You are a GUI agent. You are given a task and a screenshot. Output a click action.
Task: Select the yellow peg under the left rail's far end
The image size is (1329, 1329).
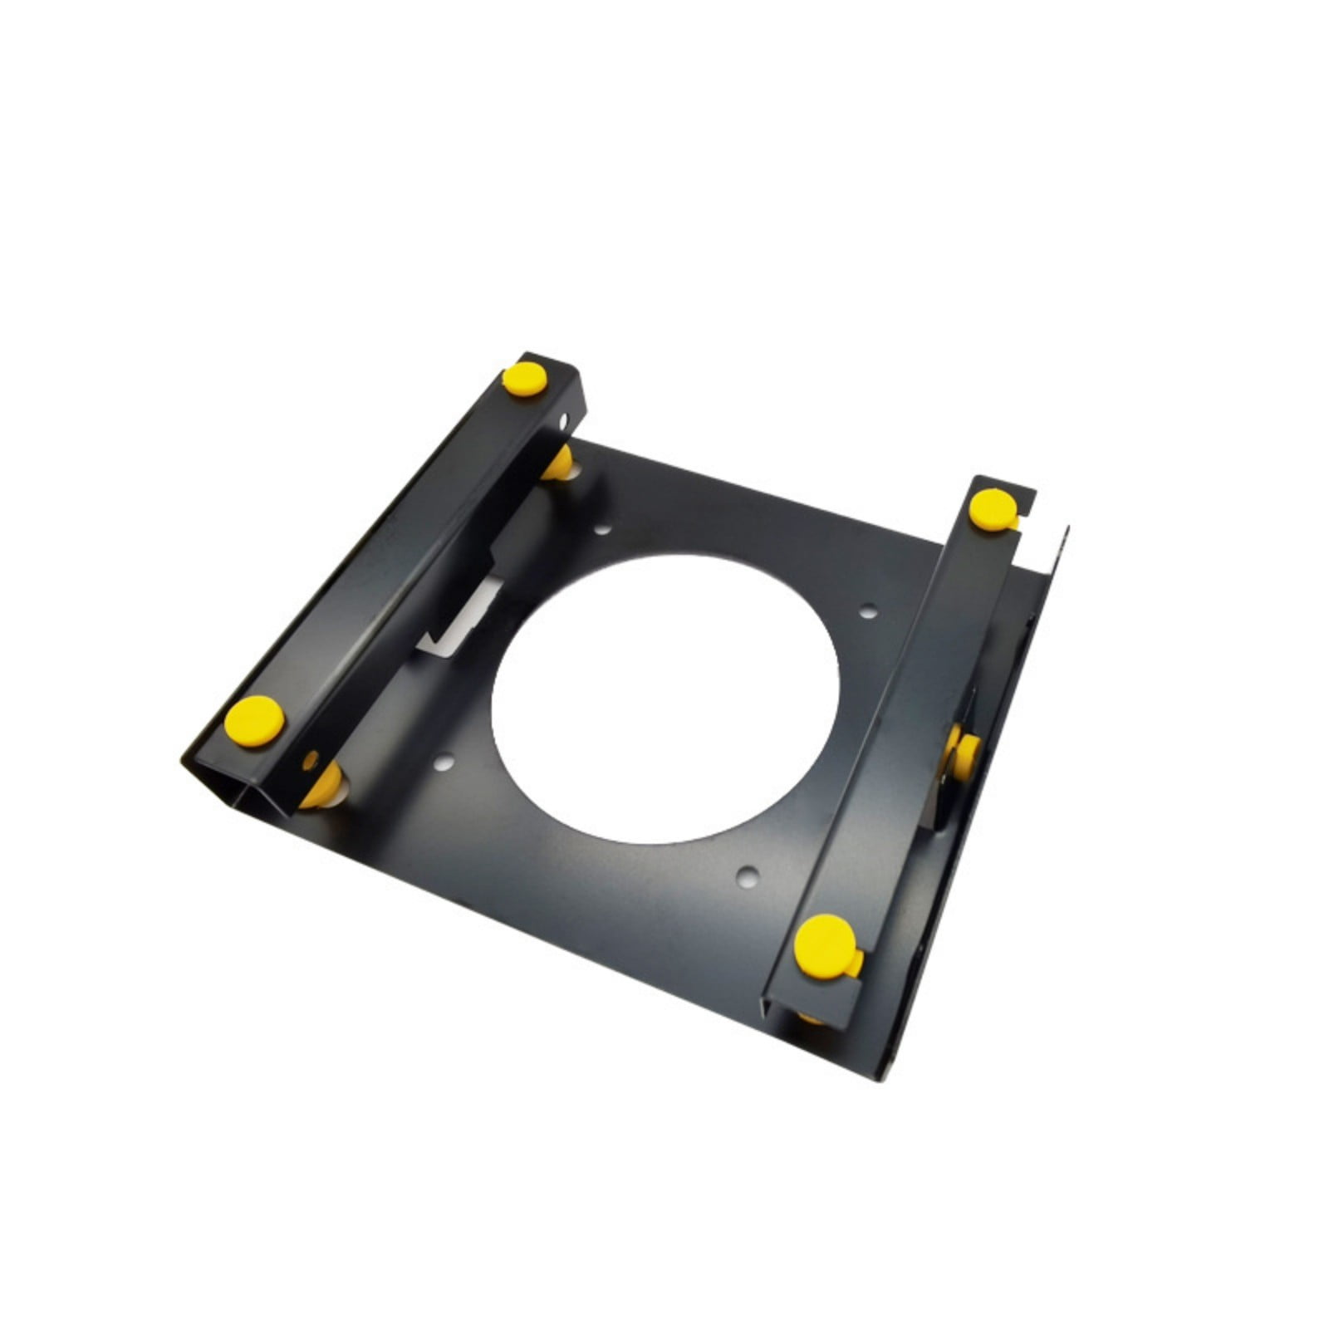coord(558,463)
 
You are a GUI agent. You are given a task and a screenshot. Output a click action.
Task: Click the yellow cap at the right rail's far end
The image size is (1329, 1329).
coord(993,510)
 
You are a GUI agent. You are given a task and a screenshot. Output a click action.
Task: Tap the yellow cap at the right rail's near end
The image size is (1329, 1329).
coord(825,944)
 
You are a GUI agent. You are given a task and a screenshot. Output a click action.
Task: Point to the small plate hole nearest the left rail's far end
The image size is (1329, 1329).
coord(604,529)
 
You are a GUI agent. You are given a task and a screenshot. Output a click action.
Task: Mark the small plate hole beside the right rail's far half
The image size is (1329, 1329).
coord(868,612)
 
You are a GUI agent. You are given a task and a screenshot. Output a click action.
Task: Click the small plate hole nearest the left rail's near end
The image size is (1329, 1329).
coord(444,759)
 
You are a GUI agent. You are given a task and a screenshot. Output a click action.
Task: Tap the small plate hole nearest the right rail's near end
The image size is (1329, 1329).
coord(748,874)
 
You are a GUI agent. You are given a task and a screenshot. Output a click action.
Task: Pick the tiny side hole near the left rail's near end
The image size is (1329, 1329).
coord(311,758)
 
